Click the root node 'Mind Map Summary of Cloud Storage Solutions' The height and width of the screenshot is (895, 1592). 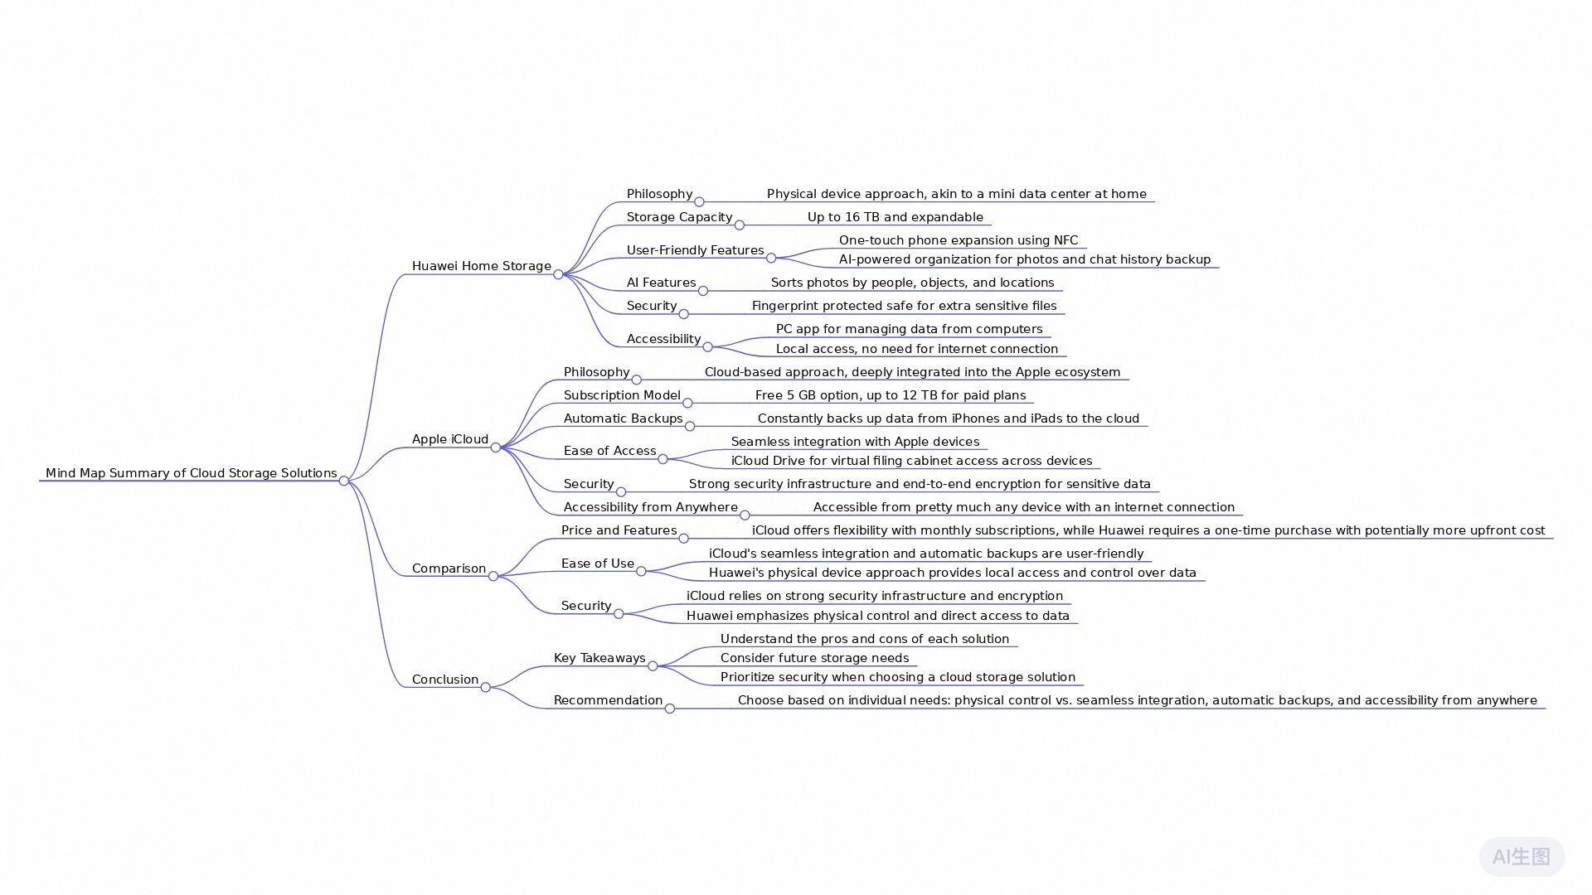point(192,473)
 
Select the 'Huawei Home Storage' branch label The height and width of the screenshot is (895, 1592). point(482,266)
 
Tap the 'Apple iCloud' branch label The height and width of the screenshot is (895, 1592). point(450,439)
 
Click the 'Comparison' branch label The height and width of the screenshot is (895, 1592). point(449,568)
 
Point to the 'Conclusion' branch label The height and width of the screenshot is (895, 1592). point(445,680)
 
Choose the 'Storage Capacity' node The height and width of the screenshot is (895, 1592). point(680,217)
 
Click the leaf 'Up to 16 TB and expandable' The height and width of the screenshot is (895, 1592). point(895,217)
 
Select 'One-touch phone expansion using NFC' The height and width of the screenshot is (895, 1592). point(959,240)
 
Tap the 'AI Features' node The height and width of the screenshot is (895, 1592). point(662,283)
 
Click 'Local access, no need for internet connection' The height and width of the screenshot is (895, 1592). point(917,349)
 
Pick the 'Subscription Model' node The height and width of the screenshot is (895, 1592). point(622,395)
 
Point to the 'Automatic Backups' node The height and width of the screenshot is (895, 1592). point(624,418)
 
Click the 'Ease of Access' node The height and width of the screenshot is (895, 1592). point(610,451)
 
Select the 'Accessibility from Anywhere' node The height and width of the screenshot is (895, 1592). point(651,507)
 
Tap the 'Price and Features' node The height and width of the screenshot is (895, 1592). point(619,530)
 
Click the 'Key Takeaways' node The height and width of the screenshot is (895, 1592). point(599,658)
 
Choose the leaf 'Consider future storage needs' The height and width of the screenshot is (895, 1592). point(815,658)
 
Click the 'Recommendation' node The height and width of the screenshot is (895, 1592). point(608,700)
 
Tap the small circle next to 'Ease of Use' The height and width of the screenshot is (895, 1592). point(641,571)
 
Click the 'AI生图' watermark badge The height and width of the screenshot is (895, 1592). point(1522,857)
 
